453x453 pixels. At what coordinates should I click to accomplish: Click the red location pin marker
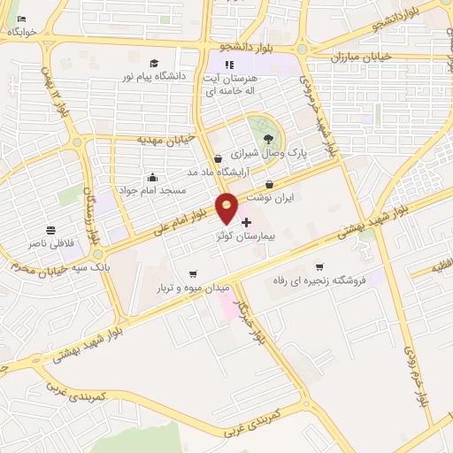226,208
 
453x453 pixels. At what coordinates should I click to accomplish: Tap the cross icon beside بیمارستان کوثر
246,222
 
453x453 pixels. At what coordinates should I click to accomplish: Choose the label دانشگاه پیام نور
155,77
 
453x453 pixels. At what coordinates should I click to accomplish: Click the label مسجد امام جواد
153,190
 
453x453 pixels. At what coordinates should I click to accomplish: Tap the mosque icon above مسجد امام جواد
153,177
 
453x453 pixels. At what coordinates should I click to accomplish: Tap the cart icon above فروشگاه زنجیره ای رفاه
319,265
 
